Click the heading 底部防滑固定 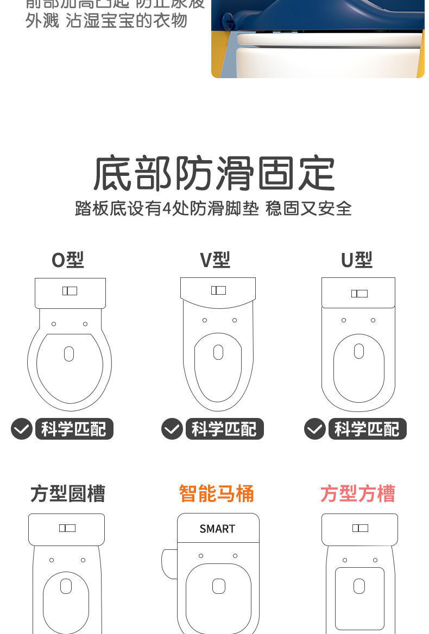pyautogui.click(x=214, y=174)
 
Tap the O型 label pyautogui.click(x=67, y=260)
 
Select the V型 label pyautogui.click(x=215, y=260)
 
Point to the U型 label pyautogui.click(x=356, y=260)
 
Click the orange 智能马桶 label pyautogui.click(x=216, y=493)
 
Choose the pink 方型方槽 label pyautogui.click(x=357, y=493)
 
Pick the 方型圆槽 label pyautogui.click(x=67, y=493)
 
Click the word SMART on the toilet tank pyautogui.click(x=217, y=529)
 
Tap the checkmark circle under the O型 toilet pyautogui.click(x=22, y=429)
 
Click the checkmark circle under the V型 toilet pyautogui.click(x=172, y=429)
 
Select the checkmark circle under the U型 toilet pyautogui.click(x=315, y=429)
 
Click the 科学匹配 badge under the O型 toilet pyautogui.click(x=74, y=429)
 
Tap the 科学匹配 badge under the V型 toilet pyautogui.click(x=224, y=429)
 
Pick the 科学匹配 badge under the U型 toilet pyautogui.click(x=367, y=429)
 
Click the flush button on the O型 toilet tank pyautogui.click(x=70, y=291)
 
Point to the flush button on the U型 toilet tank pyautogui.click(x=359, y=294)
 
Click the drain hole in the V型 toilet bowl pyautogui.click(x=218, y=352)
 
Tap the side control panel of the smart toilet pyautogui.click(x=169, y=563)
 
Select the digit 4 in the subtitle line pyautogui.click(x=167, y=208)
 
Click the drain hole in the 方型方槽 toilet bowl pyautogui.click(x=359, y=586)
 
